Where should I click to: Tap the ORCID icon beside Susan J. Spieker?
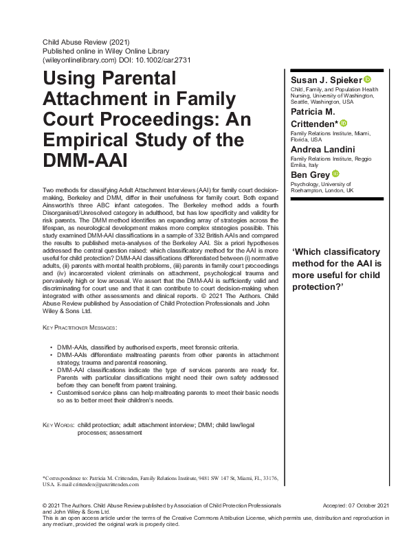point(368,80)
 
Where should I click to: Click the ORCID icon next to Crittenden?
point(343,123)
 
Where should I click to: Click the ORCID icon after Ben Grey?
point(336,174)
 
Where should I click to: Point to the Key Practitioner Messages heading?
point(79,328)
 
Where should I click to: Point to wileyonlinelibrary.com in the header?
point(78,60)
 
